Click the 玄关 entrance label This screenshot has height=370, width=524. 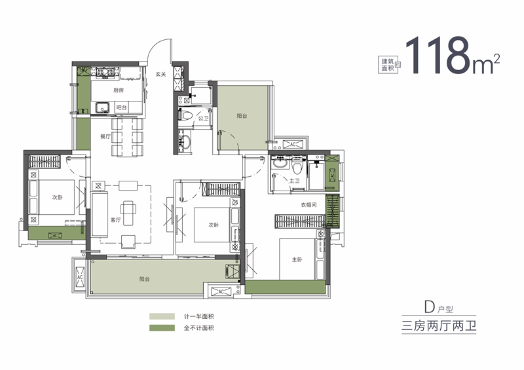[160, 74]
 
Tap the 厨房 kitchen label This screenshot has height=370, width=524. [118, 90]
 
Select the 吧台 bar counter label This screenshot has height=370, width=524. [121, 107]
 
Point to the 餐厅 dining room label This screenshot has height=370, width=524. [105, 137]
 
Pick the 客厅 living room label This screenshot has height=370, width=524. [116, 220]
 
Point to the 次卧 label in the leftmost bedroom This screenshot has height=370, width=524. [58, 197]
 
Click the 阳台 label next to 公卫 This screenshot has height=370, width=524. [242, 116]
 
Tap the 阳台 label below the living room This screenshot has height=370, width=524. [145, 279]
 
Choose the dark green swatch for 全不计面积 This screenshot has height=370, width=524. [162, 327]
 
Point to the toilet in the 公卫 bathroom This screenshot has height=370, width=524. [185, 116]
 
